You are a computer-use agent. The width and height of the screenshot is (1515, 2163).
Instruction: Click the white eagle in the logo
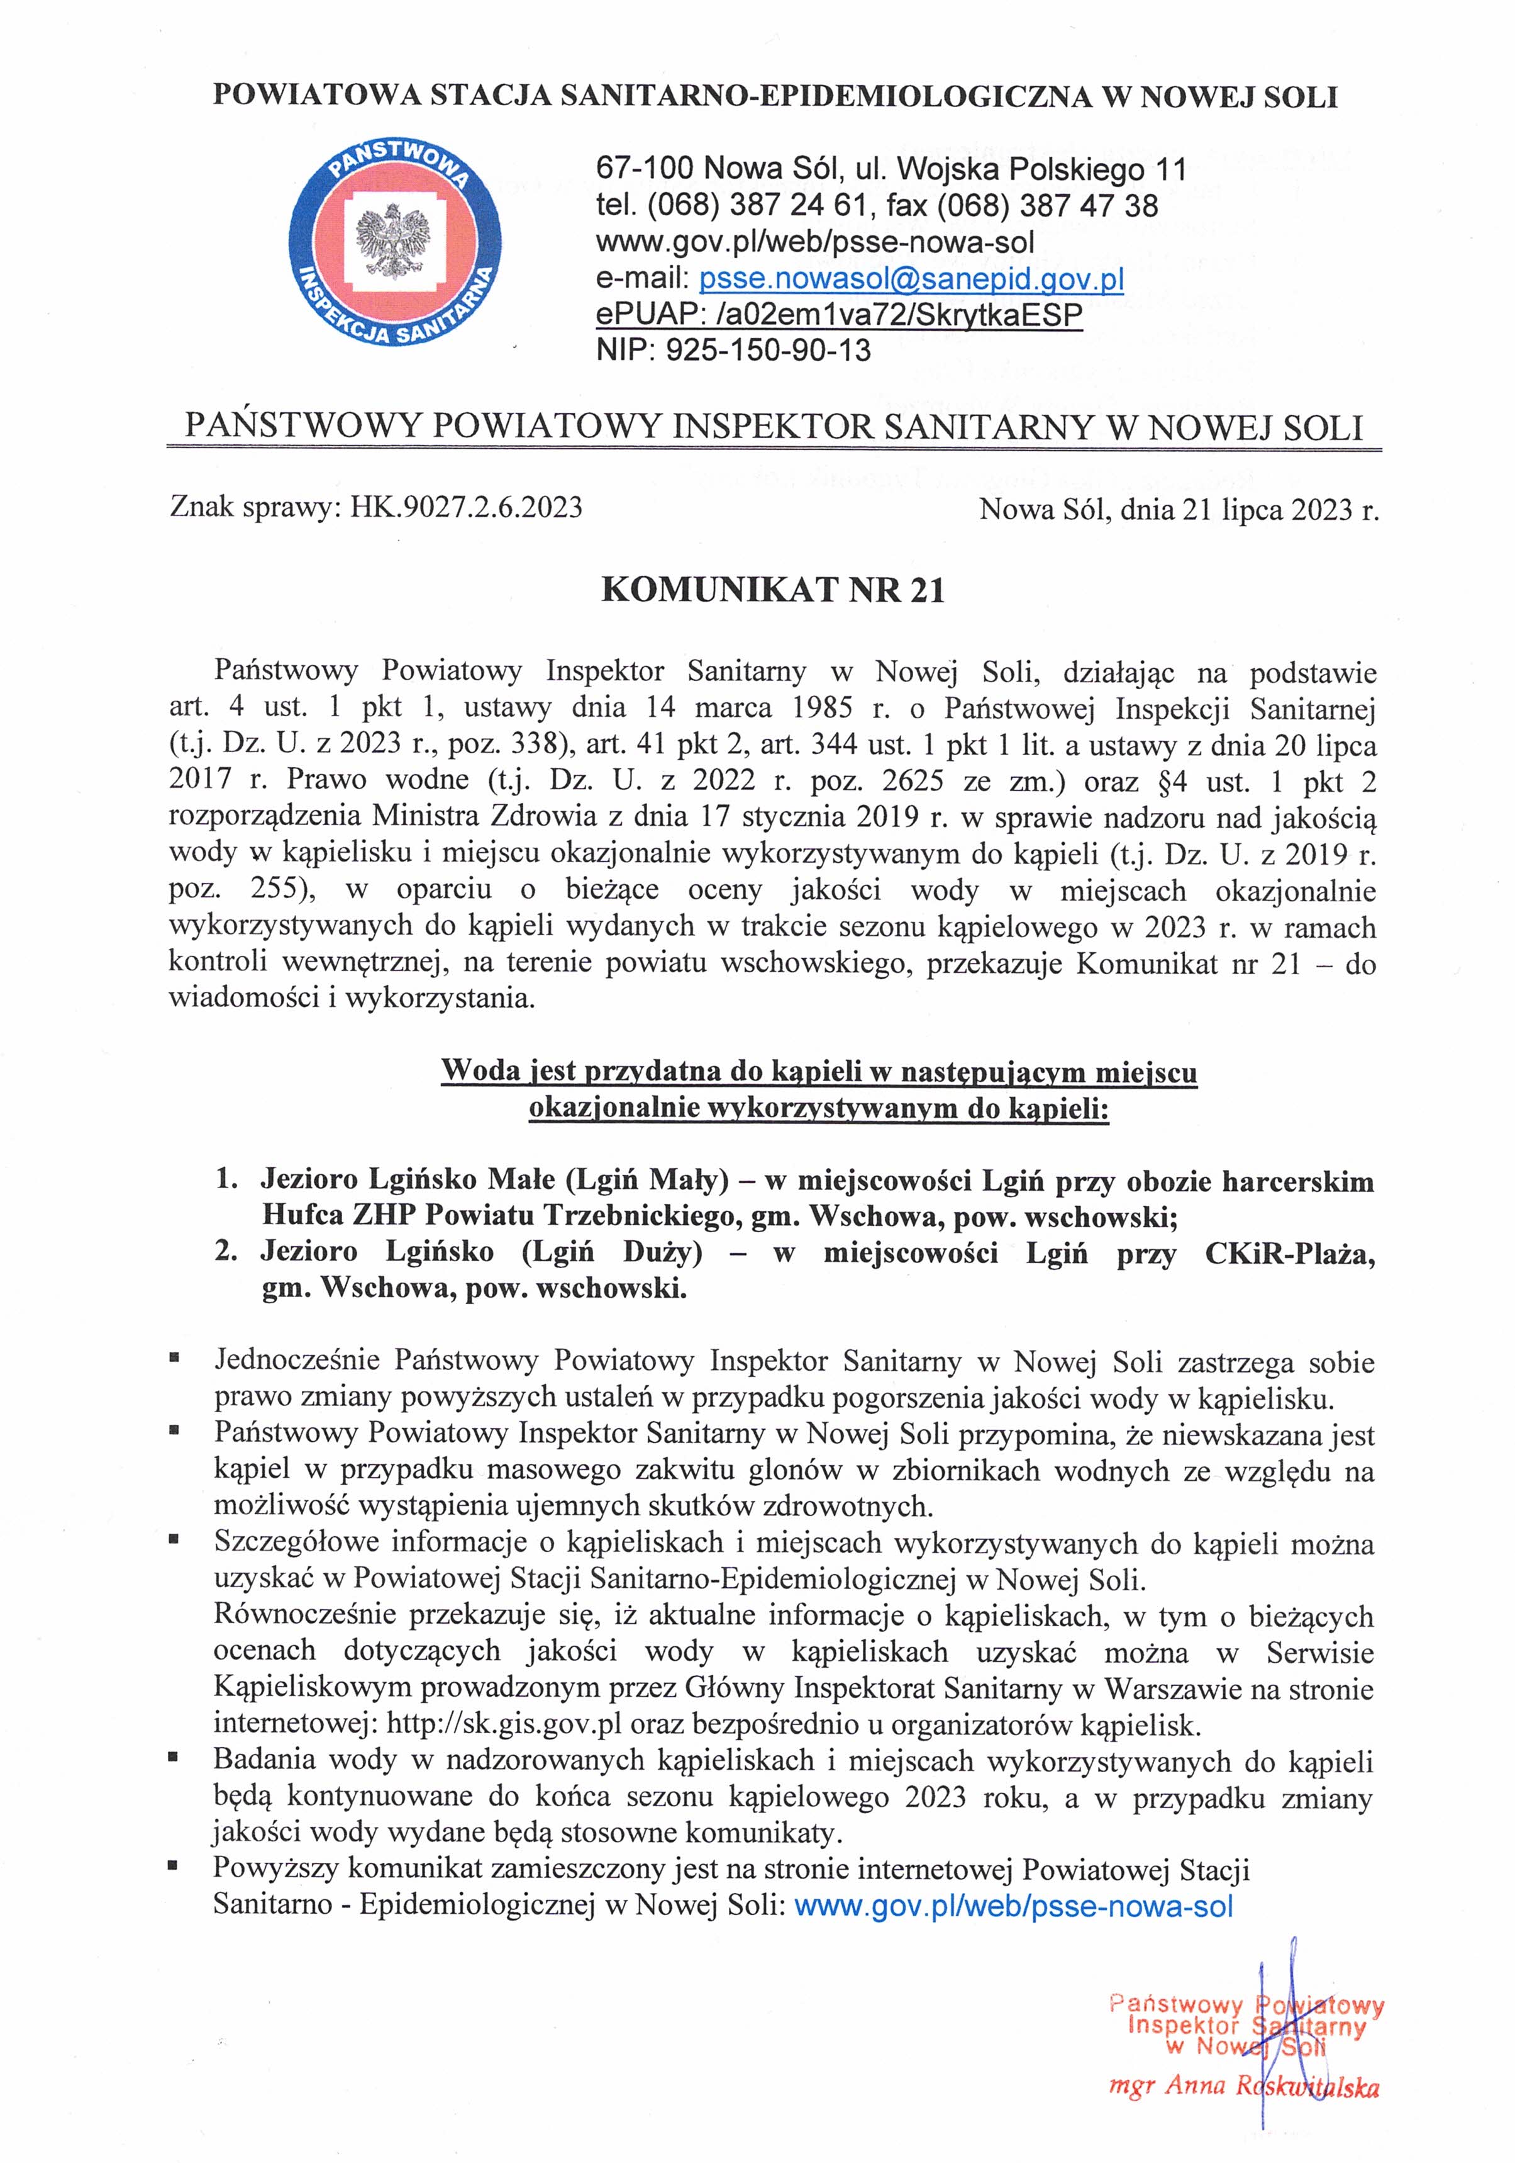pos(394,240)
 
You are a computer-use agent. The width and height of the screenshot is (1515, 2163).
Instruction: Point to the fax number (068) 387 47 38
pos(1046,205)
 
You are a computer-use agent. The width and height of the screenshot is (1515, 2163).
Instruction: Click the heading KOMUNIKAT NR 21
pos(772,590)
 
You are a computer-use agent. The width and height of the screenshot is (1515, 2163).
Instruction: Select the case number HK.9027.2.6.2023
pos(466,508)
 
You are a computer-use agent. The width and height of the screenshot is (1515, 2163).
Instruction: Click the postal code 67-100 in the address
pos(644,169)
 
